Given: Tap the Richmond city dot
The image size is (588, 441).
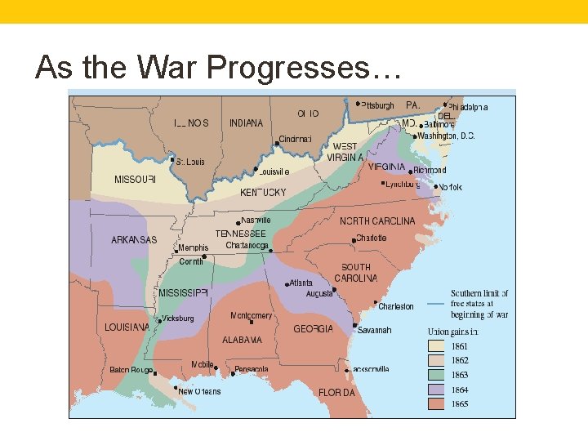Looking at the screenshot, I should pyautogui.click(x=411, y=171).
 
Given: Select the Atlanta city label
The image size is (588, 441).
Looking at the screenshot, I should pyautogui.click(x=300, y=283).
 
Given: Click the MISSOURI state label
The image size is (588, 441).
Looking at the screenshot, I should pyautogui.click(x=135, y=180).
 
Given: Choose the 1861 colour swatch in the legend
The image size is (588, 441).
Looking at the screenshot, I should pyautogui.click(x=437, y=346).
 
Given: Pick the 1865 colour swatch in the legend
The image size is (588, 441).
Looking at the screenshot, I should pyautogui.click(x=437, y=403).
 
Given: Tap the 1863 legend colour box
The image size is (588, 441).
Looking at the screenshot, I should pyautogui.click(x=437, y=375).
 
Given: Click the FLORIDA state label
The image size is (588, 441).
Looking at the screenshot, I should pyautogui.click(x=336, y=393).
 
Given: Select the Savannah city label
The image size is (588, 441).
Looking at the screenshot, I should pyautogui.click(x=373, y=331).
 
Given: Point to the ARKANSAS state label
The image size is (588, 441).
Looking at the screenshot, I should pyautogui.click(x=134, y=240).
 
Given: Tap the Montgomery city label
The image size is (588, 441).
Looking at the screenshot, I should pyautogui.click(x=251, y=316).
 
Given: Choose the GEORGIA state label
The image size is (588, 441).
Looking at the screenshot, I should pyautogui.click(x=314, y=329).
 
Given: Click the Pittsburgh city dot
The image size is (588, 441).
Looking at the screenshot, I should pyautogui.click(x=358, y=104).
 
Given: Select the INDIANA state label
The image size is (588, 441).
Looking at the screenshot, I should pyautogui.click(x=246, y=123).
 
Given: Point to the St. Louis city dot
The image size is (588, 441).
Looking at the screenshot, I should pyautogui.click(x=172, y=161).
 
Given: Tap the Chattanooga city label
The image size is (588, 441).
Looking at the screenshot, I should pyautogui.click(x=247, y=246).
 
